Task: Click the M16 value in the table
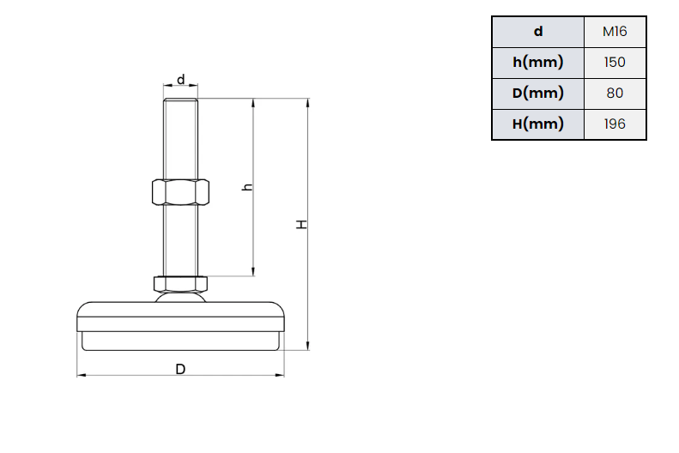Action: (615, 32)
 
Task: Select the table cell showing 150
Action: (615, 63)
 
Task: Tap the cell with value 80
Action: (615, 93)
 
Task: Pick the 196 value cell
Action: (615, 124)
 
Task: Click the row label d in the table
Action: (538, 32)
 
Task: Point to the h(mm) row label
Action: (538, 63)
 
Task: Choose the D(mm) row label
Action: (538, 93)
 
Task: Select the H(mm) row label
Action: (538, 124)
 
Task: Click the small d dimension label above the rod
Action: (181, 79)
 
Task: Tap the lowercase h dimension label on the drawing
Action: (247, 187)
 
